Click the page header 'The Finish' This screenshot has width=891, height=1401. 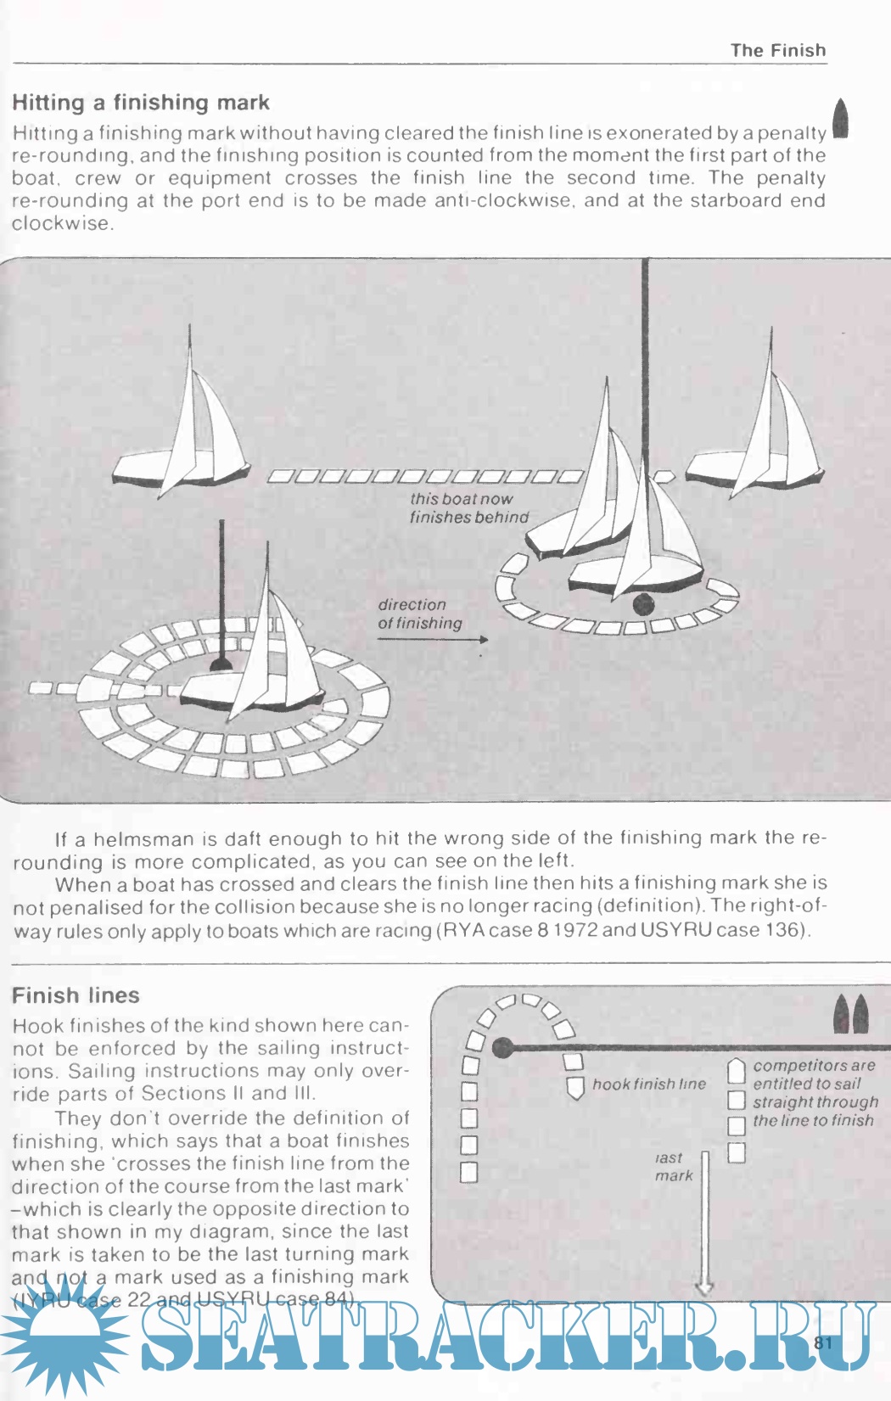pyautogui.click(x=777, y=50)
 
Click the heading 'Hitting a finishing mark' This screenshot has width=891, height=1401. pyautogui.click(x=141, y=103)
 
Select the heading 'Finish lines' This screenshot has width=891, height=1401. pyautogui.click(x=76, y=995)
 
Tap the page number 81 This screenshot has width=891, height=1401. pyautogui.click(x=823, y=1342)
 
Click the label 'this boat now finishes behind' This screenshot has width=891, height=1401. pyautogui.click(x=468, y=508)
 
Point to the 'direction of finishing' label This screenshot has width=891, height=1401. pyautogui.click(x=419, y=614)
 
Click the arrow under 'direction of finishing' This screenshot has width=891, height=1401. pyautogui.click(x=433, y=639)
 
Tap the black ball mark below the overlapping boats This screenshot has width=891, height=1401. pyautogui.click(x=644, y=604)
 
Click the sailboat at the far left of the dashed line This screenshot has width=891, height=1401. pyautogui.click(x=187, y=441)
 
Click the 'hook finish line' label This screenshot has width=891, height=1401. pyautogui.click(x=648, y=1084)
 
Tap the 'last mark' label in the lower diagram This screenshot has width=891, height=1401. pyautogui.click(x=672, y=1167)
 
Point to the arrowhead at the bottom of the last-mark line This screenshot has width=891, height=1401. pyautogui.click(x=704, y=1289)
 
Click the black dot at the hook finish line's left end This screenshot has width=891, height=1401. pyautogui.click(x=503, y=1048)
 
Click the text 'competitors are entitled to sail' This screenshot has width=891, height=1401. pyautogui.click(x=813, y=1074)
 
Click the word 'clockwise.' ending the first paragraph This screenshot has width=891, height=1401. pyautogui.click(x=62, y=224)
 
